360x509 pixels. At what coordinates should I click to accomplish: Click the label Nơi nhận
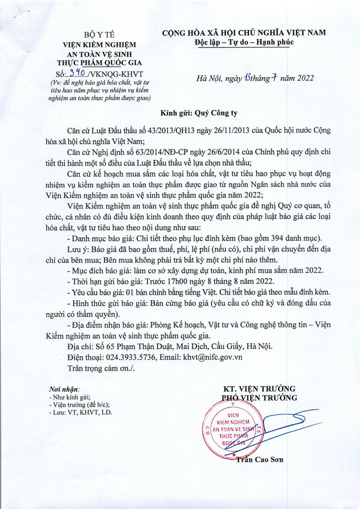[64, 388]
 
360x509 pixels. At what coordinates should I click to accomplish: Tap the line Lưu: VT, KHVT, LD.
[80, 412]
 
